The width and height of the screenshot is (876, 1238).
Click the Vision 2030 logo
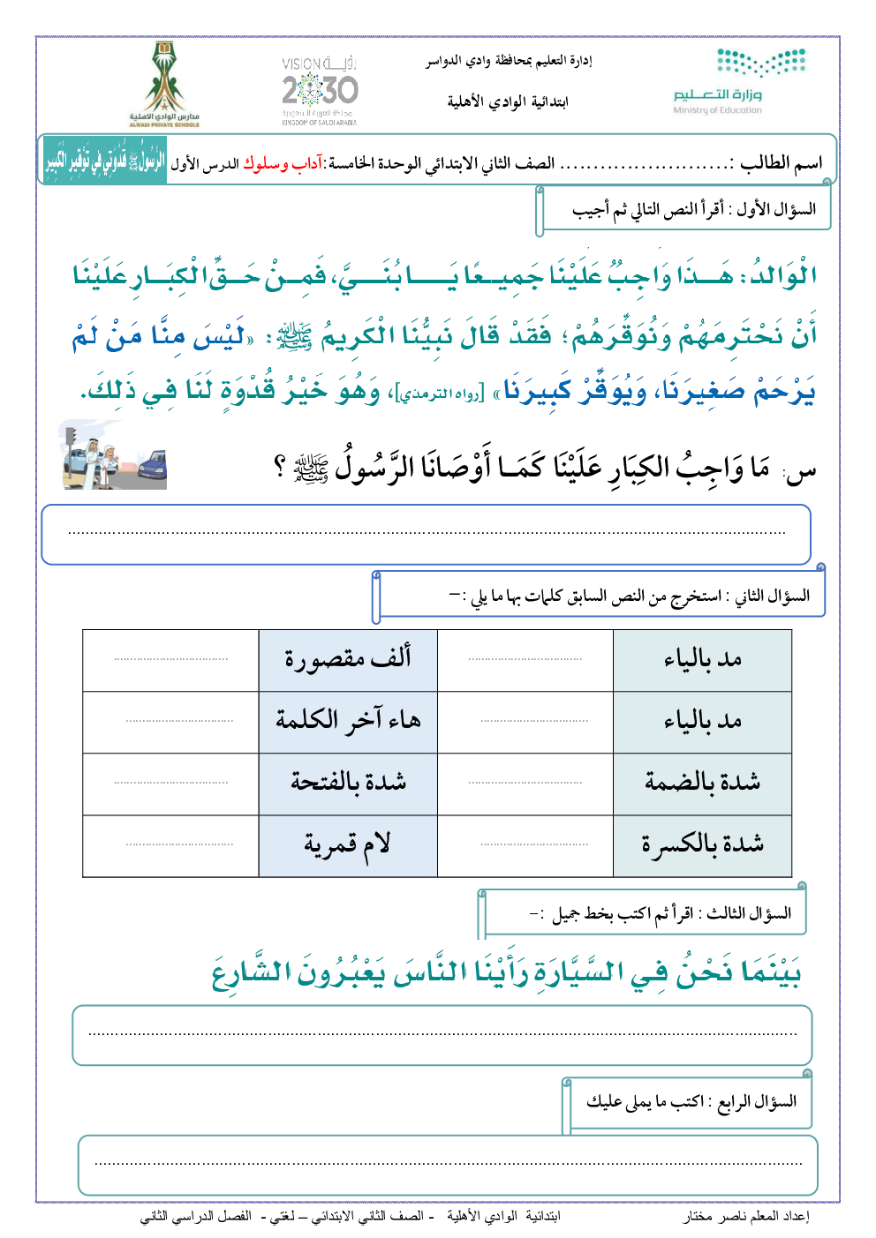(320, 90)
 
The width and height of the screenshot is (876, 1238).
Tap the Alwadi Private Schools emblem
(164, 84)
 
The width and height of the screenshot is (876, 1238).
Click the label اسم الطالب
(781, 163)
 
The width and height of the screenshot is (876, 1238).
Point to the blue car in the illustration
(152, 468)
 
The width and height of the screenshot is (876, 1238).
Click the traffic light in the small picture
(72, 441)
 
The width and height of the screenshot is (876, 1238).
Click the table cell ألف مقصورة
(348, 659)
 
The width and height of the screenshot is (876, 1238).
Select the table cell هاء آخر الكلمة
(348, 721)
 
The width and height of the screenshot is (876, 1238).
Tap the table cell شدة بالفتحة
(348, 783)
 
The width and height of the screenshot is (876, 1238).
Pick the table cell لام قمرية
(348, 844)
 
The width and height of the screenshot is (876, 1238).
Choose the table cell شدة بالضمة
(702, 783)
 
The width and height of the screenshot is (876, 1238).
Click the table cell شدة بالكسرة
(702, 844)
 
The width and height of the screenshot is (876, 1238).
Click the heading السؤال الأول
(776, 209)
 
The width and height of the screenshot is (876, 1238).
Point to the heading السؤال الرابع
(757, 1101)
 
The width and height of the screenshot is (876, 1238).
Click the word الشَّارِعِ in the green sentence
(253, 973)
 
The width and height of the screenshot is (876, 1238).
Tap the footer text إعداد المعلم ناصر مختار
(746, 1216)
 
